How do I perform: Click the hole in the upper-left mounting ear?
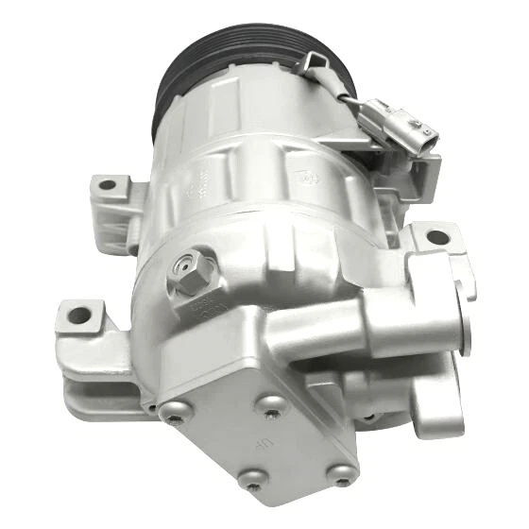[107, 185]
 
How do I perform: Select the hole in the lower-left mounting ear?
[79, 313]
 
